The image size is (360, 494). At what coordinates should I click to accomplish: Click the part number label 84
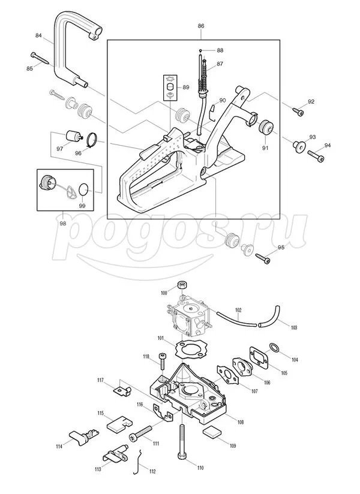pos(38,35)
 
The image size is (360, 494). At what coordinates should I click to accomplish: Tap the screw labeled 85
pos(40,58)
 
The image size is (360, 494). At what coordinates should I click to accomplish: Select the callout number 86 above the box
pos(201,26)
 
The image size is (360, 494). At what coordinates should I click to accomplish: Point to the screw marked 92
pos(298,112)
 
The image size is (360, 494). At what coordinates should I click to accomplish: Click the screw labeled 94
pos(316,156)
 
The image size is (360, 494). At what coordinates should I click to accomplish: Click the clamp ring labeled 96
pos(92,140)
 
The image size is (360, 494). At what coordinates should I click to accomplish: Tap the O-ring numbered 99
pos(83,189)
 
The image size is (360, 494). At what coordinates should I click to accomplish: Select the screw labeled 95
pos(263,258)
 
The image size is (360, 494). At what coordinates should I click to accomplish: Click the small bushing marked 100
pos(182,285)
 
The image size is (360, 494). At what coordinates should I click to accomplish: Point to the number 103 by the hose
pos(294,328)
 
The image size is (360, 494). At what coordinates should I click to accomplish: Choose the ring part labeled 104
pos(275,348)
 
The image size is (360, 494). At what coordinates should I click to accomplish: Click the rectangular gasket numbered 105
pos(259,357)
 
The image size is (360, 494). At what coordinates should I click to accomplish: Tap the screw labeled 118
pos(163,361)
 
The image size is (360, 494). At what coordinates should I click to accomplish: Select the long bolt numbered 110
pos(182,442)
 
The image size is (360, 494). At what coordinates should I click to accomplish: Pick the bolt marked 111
pos(140,433)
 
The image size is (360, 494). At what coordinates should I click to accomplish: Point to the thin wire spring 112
pos(138,462)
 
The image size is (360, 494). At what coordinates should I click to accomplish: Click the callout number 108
pos(240,422)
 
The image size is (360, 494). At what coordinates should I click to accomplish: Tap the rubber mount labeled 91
pos(266,126)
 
